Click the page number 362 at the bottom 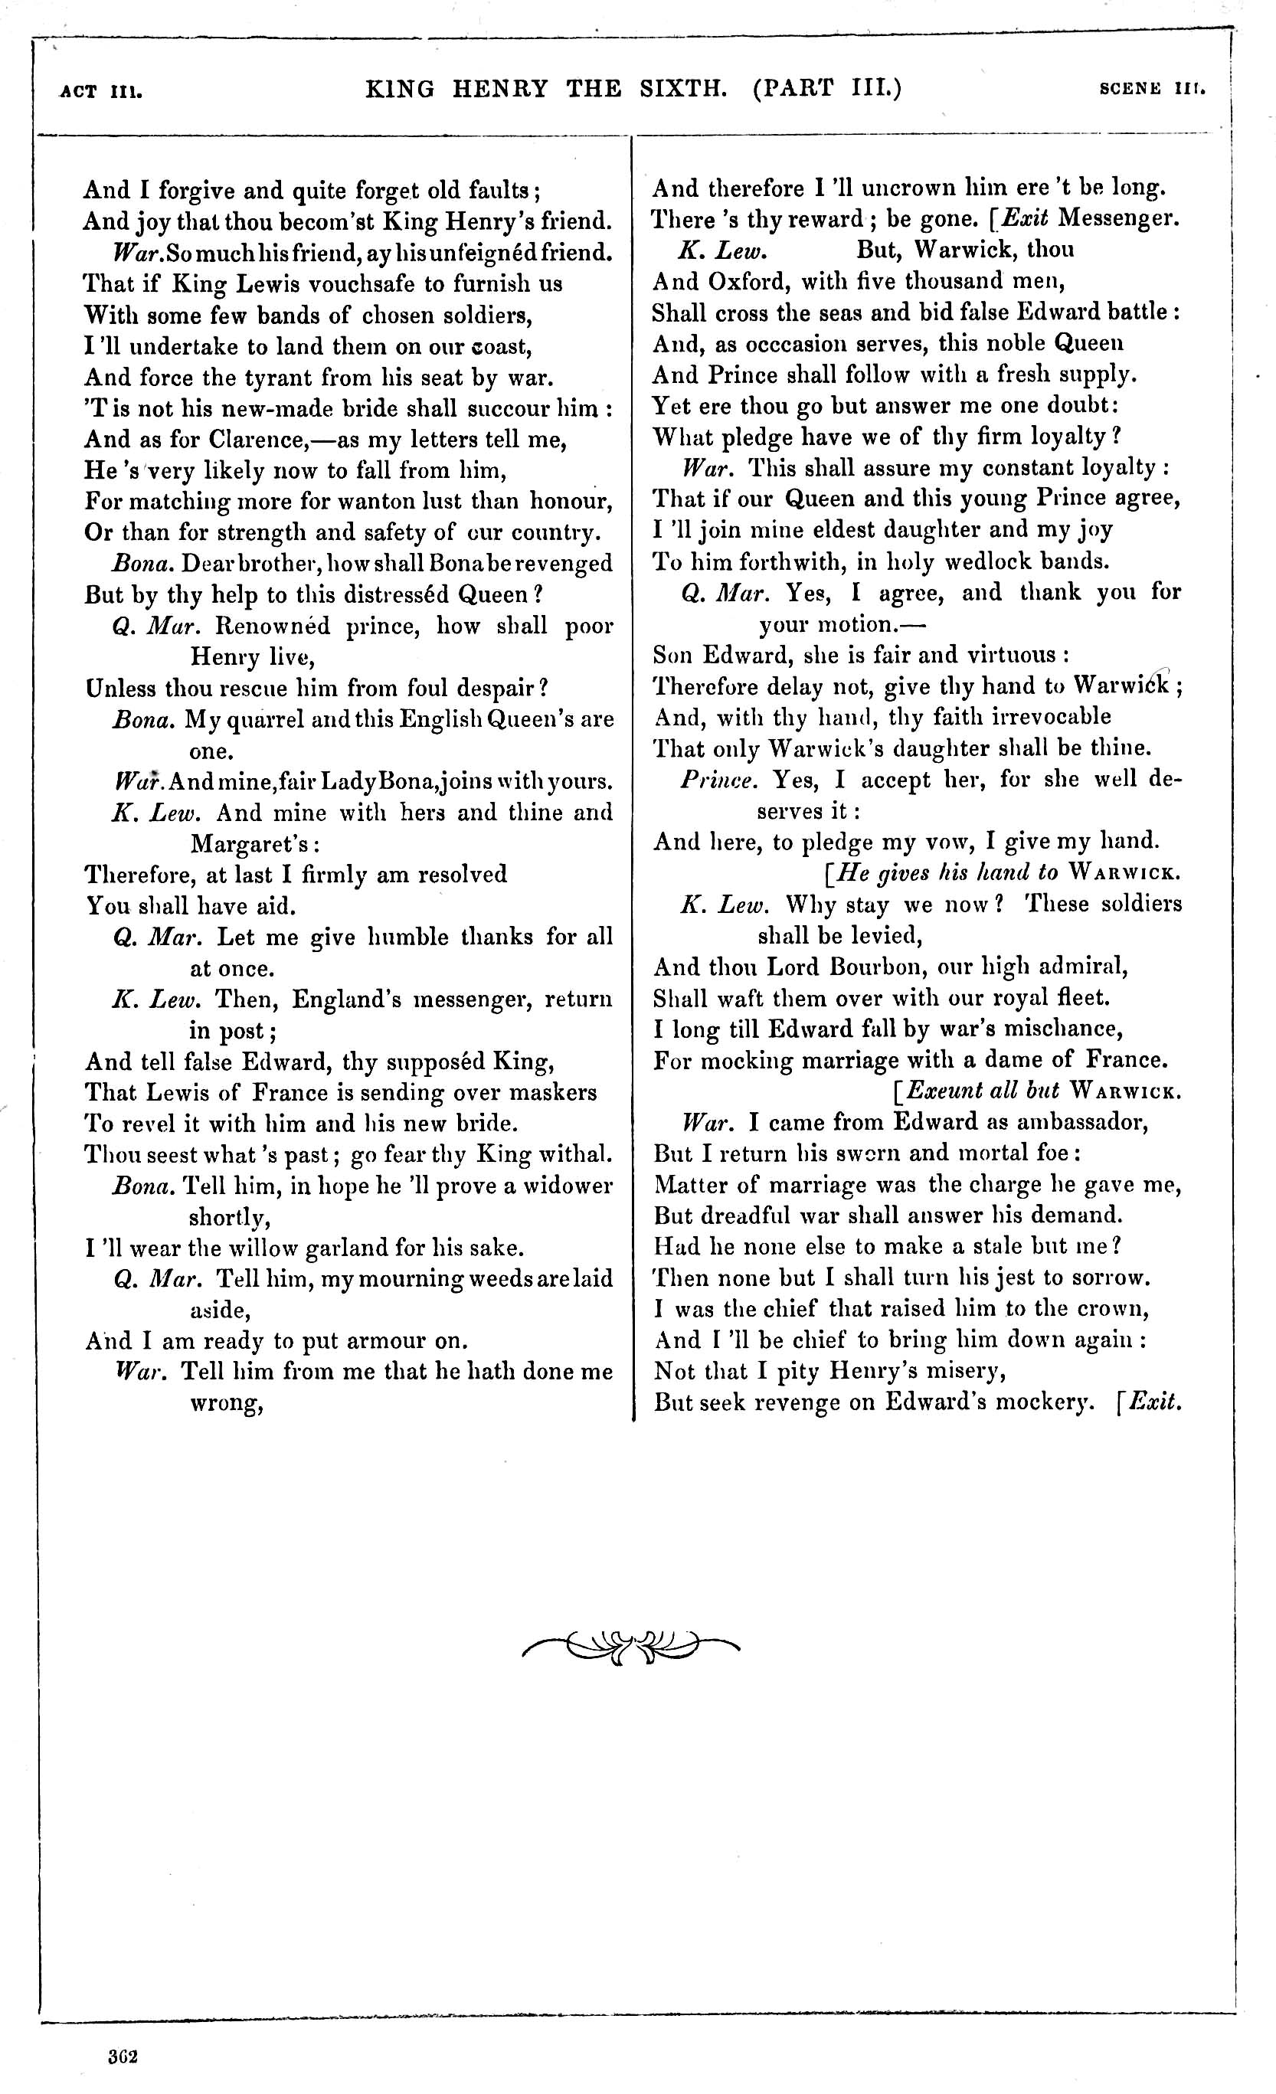pyautogui.click(x=123, y=2056)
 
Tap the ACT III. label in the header pyautogui.click(x=101, y=91)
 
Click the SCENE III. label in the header pyautogui.click(x=1152, y=88)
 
